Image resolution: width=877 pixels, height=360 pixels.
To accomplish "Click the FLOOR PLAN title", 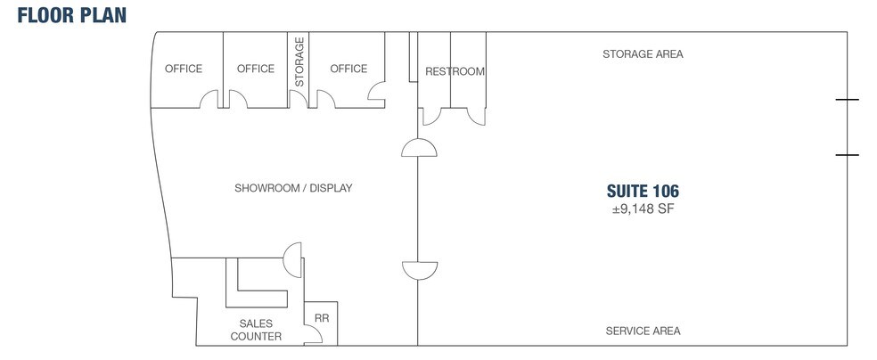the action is pyautogui.click(x=72, y=15).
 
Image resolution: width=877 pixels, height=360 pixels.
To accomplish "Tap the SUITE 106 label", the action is pyautogui.click(x=643, y=192).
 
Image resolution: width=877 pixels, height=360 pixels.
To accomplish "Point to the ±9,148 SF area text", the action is pyautogui.click(x=643, y=209).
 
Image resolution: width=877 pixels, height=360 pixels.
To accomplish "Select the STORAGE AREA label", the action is pyautogui.click(x=643, y=54).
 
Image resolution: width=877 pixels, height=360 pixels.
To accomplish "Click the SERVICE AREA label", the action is pyautogui.click(x=643, y=331).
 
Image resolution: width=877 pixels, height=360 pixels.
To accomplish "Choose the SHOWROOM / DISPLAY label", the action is pyautogui.click(x=293, y=188).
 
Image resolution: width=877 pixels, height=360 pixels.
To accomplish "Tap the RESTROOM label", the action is pyautogui.click(x=455, y=71).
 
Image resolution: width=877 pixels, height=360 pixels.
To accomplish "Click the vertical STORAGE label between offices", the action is pyautogui.click(x=299, y=61).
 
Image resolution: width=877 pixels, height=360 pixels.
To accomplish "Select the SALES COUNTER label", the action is pyautogui.click(x=256, y=330).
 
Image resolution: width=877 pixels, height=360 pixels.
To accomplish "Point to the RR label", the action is pyautogui.click(x=322, y=318).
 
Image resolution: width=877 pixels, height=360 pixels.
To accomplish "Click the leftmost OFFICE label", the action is pyautogui.click(x=184, y=69).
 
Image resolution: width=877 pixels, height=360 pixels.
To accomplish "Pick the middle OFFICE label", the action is pyautogui.click(x=256, y=69).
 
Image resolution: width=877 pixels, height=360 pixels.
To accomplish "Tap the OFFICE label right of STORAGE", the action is pyautogui.click(x=348, y=69).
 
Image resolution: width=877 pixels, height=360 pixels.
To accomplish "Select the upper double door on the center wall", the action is pyautogui.click(x=419, y=147).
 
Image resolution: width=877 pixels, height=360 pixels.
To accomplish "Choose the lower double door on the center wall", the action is pyautogui.click(x=420, y=271).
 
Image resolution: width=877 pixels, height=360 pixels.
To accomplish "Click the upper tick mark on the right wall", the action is pyautogui.click(x=847, y=100).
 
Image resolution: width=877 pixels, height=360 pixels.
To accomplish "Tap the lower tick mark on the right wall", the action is pyautogui.click(x=847, y=155).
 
